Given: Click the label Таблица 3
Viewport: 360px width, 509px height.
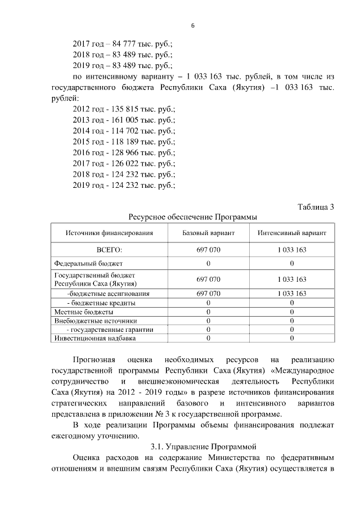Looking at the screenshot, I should pyautogui.click(x=316, y=207).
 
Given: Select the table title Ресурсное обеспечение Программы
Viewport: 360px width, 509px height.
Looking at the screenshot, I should pyautogui.click(x=193, y=217).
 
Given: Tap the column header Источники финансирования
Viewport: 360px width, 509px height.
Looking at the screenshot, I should pyautogui.click(x=109, y=233).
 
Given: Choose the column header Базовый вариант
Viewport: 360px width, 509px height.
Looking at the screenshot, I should pyautogui.click(x=208, y=233).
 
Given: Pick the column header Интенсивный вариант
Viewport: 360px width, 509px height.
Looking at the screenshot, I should pyautogui.click(x=292, y=233).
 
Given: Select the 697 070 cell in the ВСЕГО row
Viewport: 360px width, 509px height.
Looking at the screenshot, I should pyautogui.click(x=208, y=250).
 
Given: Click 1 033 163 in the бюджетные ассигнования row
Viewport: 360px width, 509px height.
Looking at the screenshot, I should pyautogui.click(x=292, y=294).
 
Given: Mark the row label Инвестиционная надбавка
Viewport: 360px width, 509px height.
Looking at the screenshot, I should pyautogui.click(x=94, y=338).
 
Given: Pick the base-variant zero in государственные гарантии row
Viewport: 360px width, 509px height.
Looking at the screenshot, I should pyautogui.click(x=208, y=330).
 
